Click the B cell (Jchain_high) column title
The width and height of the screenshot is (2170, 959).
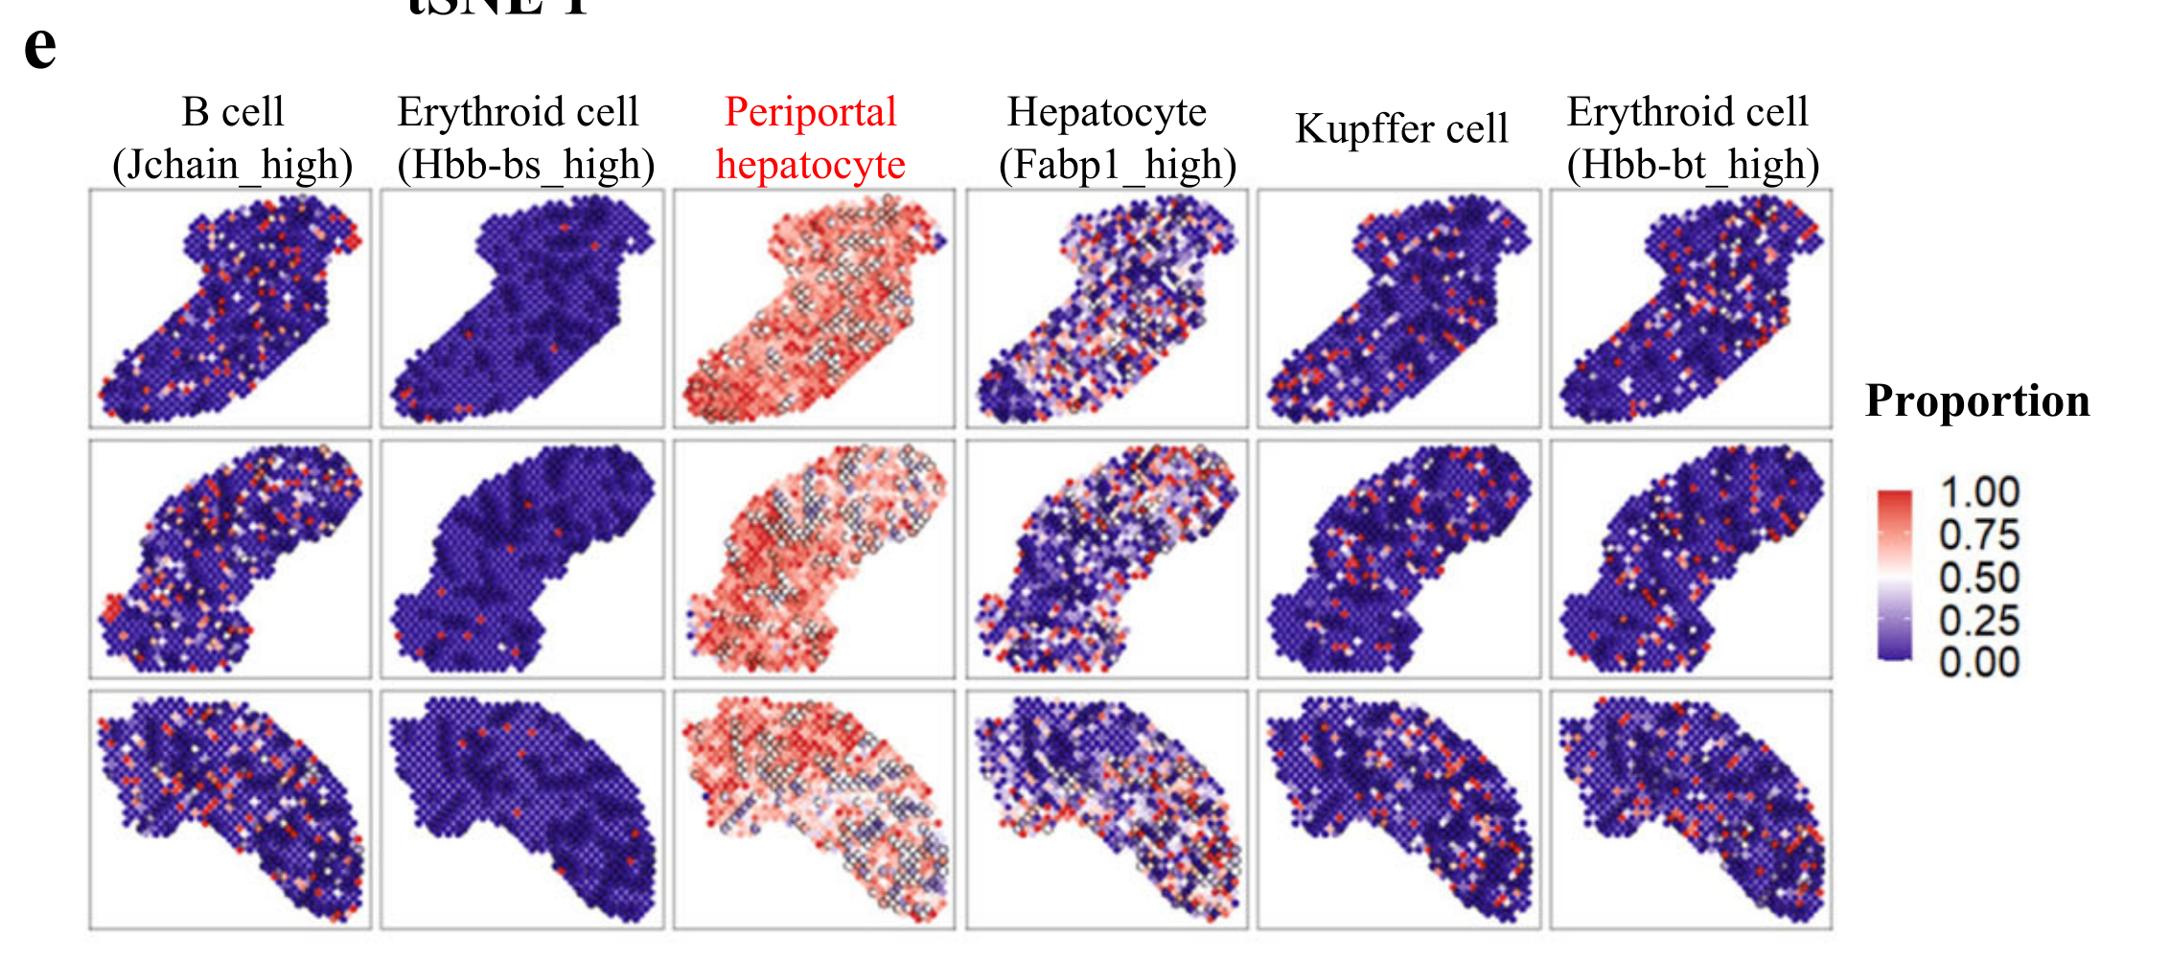coord(232,138)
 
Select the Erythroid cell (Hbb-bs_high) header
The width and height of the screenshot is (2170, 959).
coord(525,138)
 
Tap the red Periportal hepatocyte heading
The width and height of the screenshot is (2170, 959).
coord(811,138)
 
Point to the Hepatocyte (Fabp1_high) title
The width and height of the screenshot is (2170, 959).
coord(1116,138)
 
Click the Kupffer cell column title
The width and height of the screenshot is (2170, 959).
coord(1401,128)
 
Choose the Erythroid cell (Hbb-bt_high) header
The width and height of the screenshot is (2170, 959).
coord(1692,138)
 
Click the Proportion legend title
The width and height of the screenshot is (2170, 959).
coord(1976,400)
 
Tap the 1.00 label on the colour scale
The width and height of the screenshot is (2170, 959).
coord(1979,492)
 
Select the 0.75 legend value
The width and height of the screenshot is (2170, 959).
coord(1979,535)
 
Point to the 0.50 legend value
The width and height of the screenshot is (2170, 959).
coord(1979,578)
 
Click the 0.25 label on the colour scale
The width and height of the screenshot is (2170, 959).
coord(1979,621)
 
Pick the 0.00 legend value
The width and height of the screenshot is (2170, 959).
coord(1979,662)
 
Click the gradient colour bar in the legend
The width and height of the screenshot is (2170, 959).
coord(1895,575)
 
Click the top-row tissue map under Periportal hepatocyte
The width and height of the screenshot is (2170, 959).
coord(814,308)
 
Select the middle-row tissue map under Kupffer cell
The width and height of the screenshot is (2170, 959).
coord(1398,559)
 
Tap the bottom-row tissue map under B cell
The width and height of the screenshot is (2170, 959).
coord(230,810)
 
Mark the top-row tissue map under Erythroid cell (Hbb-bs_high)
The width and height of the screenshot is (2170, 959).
coord(522,308)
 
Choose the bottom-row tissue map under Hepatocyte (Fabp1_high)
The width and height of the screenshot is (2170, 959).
coord(1107,810)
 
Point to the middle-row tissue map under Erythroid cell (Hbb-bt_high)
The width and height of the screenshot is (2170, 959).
coord(1691,559)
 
